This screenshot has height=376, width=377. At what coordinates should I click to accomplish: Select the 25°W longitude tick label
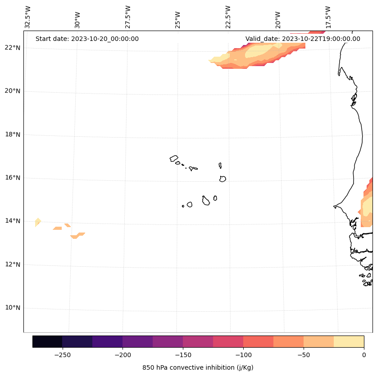(177, 17)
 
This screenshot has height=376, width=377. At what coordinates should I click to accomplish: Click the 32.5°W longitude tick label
(28, 17)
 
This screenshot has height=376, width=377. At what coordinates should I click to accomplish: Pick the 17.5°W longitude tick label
(328, 17)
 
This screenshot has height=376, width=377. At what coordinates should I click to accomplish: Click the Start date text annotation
(87, 39)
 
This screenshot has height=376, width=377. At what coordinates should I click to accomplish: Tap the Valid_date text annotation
(303, 39)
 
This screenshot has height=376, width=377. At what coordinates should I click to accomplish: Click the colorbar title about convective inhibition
(198, 367)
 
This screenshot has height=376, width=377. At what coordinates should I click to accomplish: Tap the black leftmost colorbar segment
(47, 341)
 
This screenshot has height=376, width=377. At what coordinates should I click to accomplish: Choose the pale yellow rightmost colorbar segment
(349, 341)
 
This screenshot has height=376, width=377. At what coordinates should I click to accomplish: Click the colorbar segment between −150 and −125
(198, 341)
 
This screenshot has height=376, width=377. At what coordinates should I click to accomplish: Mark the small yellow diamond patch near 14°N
(38, 221)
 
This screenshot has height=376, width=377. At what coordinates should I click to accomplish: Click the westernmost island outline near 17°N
(174, 158)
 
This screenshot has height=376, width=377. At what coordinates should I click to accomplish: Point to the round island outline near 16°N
(223, 179)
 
